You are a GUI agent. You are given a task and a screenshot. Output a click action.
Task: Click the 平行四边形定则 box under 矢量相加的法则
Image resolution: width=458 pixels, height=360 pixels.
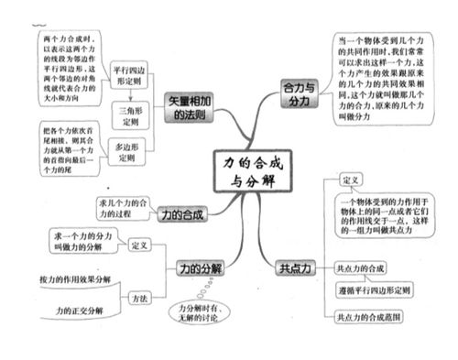[x=127, y=75]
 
